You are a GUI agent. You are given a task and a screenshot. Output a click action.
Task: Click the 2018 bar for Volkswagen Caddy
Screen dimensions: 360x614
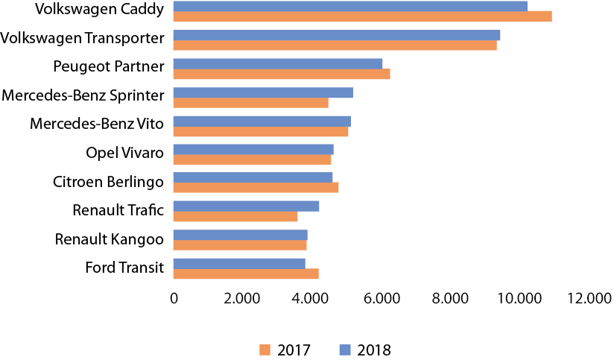[350, 6]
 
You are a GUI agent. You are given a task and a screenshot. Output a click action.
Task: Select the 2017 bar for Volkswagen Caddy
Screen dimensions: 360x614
[362, 16]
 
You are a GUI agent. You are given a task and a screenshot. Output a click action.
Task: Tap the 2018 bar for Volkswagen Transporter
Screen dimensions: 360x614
[337, 35]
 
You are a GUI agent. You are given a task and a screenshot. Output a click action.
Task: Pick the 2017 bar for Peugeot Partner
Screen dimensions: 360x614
[282, 74]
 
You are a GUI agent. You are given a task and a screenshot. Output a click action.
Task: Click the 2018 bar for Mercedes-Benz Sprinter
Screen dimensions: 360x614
[263, 92]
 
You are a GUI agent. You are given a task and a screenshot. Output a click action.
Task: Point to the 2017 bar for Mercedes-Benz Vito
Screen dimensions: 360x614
[261, 132]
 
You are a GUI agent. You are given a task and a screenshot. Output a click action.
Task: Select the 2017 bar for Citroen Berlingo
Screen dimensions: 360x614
[256, 187]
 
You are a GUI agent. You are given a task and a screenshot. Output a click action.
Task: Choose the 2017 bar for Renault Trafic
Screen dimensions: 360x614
[235, 216]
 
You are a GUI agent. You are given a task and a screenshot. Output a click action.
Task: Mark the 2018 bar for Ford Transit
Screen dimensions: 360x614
[239, 263]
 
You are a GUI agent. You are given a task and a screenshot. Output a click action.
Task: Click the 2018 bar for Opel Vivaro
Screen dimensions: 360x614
[253, 149]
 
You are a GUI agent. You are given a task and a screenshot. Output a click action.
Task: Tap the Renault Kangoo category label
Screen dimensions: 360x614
[109, 239]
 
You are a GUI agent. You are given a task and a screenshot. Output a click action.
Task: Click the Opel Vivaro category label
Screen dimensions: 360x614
[124, 154]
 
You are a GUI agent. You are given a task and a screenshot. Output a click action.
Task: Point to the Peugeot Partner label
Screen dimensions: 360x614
[108, 66]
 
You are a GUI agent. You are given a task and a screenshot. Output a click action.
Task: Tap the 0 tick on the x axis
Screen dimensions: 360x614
[174, 298]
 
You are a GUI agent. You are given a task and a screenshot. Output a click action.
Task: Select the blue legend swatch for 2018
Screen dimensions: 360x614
[345, 350]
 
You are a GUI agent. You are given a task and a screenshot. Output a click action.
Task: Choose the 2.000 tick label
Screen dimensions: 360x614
[244, 298]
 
